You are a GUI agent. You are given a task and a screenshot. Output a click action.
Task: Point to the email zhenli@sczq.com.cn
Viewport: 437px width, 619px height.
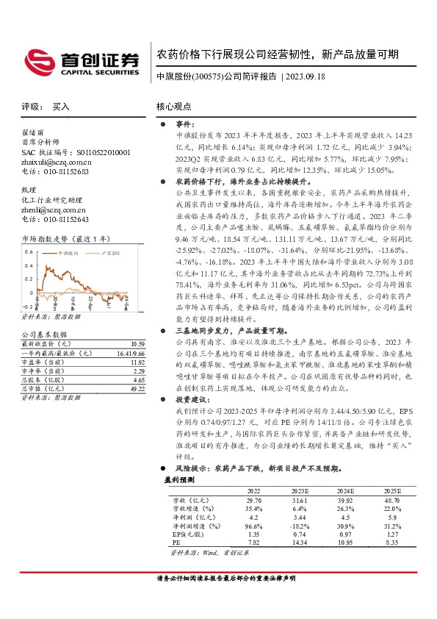coord(54,210)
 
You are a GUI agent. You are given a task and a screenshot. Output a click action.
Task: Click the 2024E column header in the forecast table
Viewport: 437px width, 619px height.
coord(345,490)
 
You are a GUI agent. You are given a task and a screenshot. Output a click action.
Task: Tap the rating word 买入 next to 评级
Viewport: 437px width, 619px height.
coord(61,107)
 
